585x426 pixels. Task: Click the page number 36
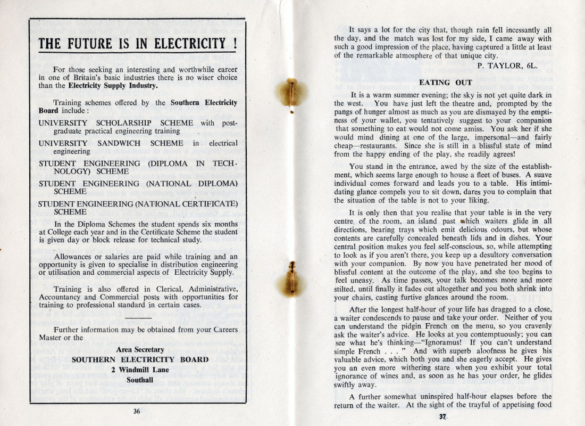[x=137, y=411]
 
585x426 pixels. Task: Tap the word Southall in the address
[x=140, y=380]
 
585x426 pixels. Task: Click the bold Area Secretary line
[x=140, y=349]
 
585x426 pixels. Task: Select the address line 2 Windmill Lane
[x=140, y=370]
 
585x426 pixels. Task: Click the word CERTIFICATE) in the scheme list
[x=206, y=203]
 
